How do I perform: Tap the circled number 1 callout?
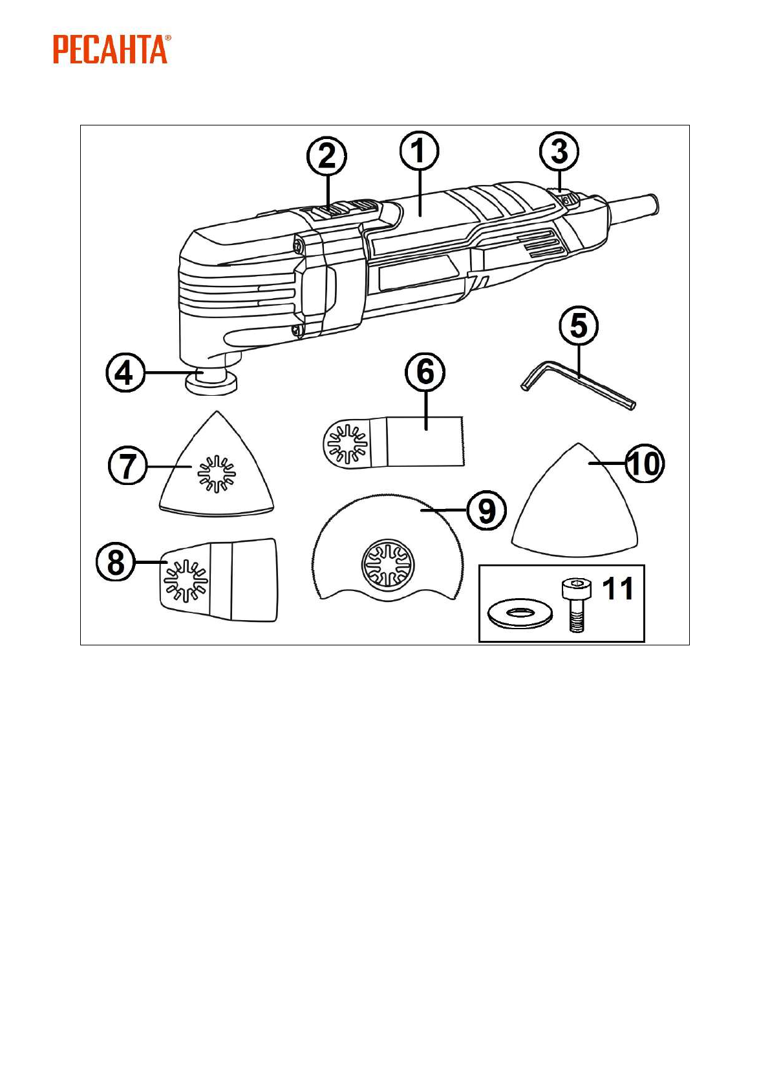tap(419, 151)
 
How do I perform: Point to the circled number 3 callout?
tap(559, 152)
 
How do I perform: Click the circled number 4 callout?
tap(125, 373)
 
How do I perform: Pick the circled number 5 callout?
tap(579, 325)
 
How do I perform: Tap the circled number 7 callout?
tap(127, 466)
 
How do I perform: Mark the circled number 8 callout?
tap(116, 561)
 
